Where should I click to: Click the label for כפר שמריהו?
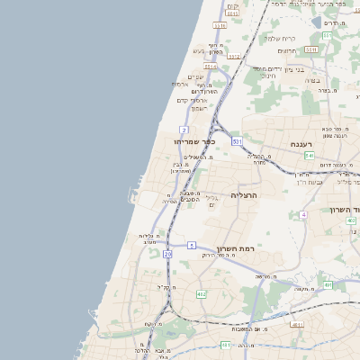199,140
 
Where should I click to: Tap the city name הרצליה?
244,194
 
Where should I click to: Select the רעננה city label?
301,144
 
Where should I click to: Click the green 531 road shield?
237,141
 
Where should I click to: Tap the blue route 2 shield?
184,130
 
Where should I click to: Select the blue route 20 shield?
167,255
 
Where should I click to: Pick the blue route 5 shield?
192,245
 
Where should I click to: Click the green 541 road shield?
309,157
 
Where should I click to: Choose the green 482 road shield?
201,294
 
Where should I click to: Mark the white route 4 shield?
304,215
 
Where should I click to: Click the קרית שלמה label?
280,39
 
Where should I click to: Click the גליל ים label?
212,202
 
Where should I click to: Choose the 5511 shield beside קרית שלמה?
310,49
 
